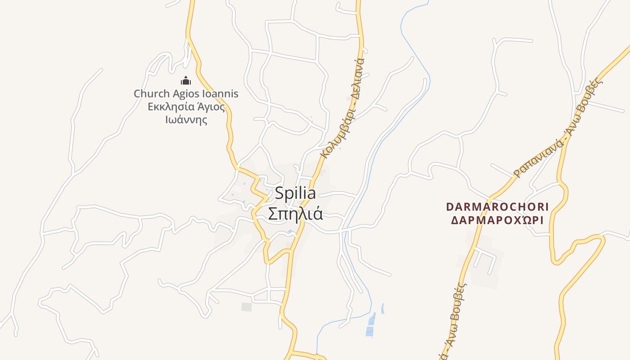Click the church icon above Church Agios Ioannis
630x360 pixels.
(x=186, y=81)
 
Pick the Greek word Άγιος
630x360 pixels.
(x=210, y=107)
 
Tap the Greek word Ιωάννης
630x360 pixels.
(x=186, y=120)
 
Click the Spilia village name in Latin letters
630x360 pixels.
(x=295, y=193)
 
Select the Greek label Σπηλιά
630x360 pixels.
(x=295, y=213)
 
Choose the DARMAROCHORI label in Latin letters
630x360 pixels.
(x=497, y=207)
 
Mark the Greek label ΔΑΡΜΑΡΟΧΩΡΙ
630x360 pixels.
(x=497, y=220)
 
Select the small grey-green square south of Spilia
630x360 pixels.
(x=246, y=307)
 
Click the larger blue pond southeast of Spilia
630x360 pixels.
(x=371, y=325)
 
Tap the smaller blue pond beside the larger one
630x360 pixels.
(x=383, y=309)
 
